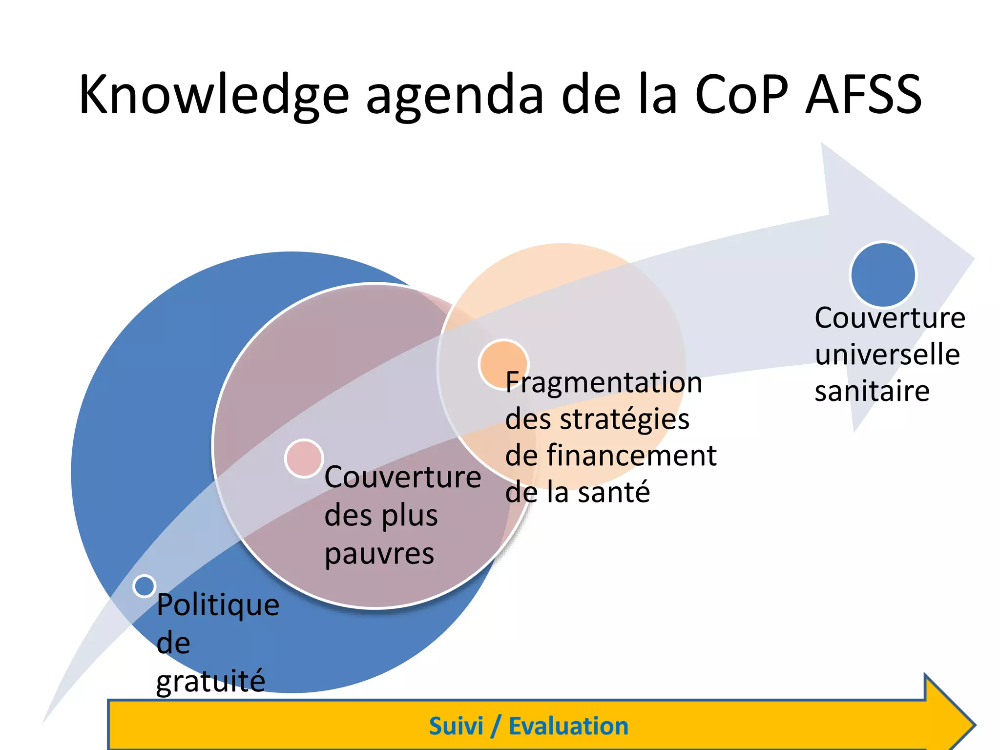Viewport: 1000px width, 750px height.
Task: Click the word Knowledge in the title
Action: [214, 95]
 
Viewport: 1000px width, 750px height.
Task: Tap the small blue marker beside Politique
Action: [145, 586]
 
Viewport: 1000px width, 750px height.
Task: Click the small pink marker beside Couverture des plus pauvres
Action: [304, 458]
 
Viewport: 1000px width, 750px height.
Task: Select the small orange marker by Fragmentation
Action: [503, 364]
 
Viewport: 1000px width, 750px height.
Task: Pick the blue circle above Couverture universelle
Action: [883, 275]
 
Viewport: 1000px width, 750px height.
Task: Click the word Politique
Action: [218, 605]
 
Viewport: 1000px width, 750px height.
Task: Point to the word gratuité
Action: [210, 681]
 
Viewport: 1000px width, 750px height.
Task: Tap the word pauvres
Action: [379, 554]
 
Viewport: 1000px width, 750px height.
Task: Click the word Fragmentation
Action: [604, 382]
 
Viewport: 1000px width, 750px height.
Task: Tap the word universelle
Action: [887, 354]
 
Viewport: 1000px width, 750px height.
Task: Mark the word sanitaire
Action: [872, 391]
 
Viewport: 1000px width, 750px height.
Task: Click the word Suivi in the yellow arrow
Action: [456, 726]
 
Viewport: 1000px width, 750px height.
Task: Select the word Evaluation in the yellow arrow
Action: [568, 726]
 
